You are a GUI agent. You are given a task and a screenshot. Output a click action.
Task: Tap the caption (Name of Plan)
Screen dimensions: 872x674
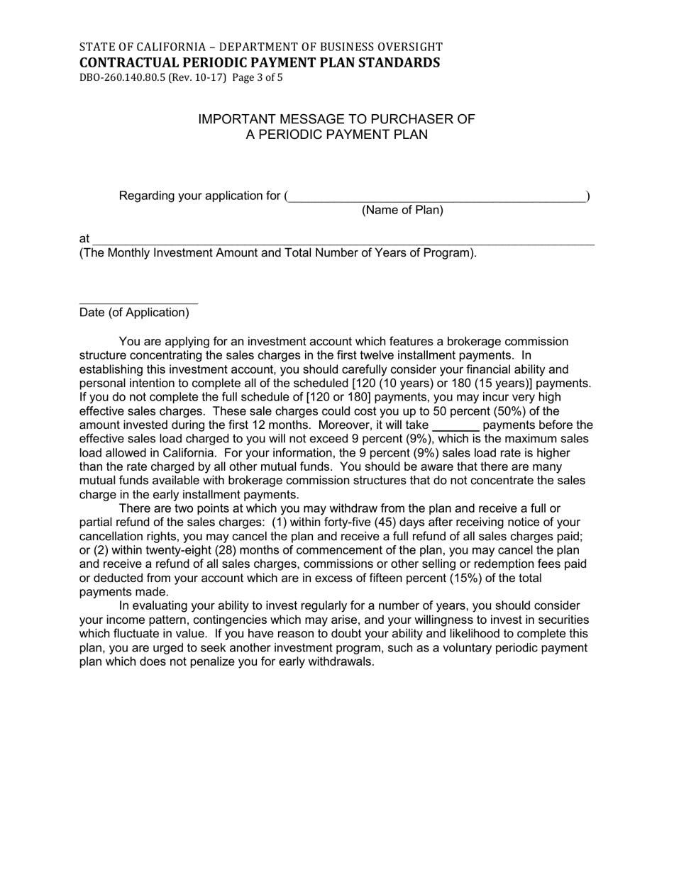pyautogui.click(x=402, y=210)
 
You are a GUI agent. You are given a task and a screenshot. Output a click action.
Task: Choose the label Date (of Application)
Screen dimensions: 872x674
pyautogui.click(x=134, y=313)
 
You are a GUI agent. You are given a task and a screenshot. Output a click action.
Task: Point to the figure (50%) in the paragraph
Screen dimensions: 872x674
pyautogui.click(x=519, y=411)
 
